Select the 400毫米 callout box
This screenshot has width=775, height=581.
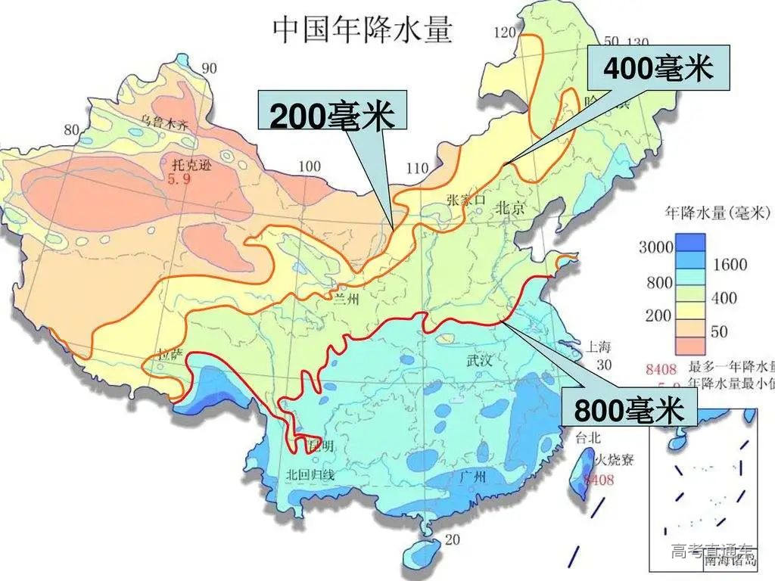[x=658, y=67]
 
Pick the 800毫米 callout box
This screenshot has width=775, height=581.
[x=629, y=410]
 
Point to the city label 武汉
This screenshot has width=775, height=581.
[x=480, y=362]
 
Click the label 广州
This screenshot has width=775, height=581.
[x=478, y=477]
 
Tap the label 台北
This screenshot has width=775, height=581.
[x=588, y=437]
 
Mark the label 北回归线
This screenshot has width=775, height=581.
[x=310, y=475]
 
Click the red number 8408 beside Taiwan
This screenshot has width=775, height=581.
[x=598, y=479]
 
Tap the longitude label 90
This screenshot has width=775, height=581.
[x=209, y=69]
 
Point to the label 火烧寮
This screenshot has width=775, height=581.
[x=612, y=458]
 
